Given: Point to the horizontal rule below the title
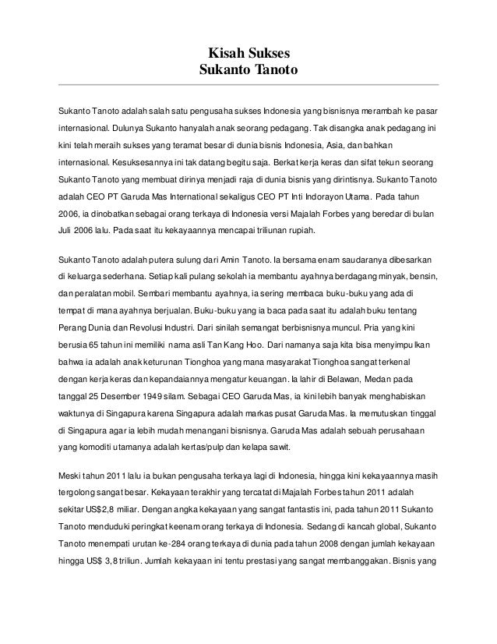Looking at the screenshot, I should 248,83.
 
